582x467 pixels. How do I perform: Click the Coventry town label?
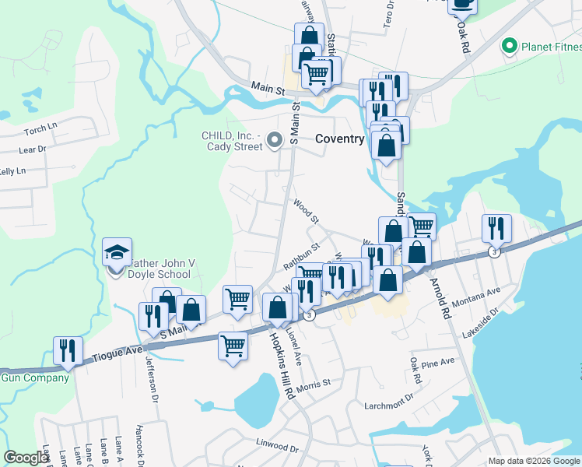coord(340,139)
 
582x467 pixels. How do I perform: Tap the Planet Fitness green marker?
coord(510,46)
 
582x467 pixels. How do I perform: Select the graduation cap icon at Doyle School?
coord(117,252)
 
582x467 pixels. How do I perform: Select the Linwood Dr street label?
coord(277,448)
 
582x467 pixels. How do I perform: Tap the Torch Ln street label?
coord(41,128)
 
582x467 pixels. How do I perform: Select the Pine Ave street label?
coord(436,362)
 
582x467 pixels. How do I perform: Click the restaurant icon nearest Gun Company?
coord(68,351)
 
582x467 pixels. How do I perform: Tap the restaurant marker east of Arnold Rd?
coord(496,228)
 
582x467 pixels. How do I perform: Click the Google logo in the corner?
coord(26,458)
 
